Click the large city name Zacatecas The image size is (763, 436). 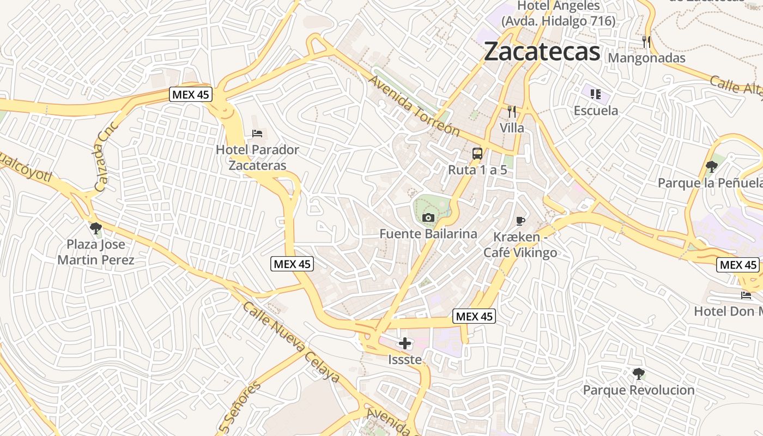click(542, 52)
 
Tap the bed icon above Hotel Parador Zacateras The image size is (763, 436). click(257, 134)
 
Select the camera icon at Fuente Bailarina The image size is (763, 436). click(428, 218)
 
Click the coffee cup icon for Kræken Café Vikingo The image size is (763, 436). click(520, 221)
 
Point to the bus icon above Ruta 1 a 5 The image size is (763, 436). click(477, 154)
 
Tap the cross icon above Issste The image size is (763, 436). click(405, 343)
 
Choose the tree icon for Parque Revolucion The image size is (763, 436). click(639, 374)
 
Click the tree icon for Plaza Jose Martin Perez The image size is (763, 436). click(96, 228)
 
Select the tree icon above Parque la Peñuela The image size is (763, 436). click(711, 166)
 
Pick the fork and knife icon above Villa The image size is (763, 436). click(512, 112)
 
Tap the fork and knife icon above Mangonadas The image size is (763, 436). click(646, 41)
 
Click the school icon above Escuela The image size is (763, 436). click(596, 94)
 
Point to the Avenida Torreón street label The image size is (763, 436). click(414, 106)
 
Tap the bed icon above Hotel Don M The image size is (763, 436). click(746, 295)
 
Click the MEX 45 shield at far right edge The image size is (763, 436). click(738, 265)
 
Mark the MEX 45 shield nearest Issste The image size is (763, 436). click(474, 316)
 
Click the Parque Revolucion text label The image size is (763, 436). click(639, 390)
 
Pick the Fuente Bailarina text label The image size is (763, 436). click(428, 234)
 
